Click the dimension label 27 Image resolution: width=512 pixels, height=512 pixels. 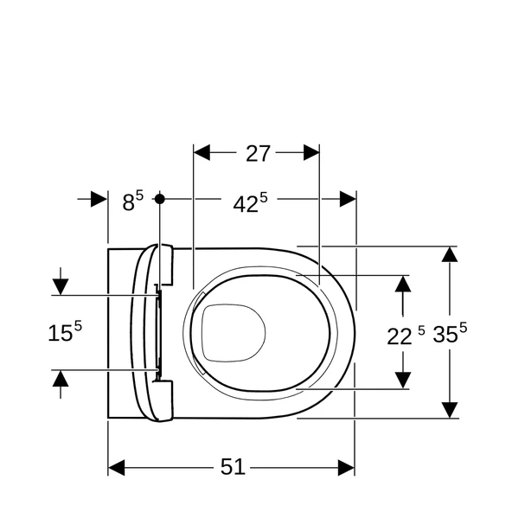pyautogui.click(x=258, y=153)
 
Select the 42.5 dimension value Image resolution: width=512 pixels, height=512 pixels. pyautogui.click(x=250, y=203)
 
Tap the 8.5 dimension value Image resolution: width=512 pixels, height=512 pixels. pyautogui.click(x=132, y=202)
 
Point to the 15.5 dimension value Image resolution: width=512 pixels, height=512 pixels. pyautogui.click(x=65, y=332)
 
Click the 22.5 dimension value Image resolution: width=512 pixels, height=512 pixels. pyautogui.click(x=406, y=335)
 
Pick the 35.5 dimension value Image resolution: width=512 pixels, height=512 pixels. pyautogui.click(x=450, y=334)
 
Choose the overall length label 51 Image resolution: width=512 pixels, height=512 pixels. pyautogui.click(x=232, y=467)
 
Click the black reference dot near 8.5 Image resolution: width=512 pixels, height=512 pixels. pyautogui.click(x=159, y=199)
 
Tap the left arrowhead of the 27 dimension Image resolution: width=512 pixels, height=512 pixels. pyautogui.click(x=202, y=153)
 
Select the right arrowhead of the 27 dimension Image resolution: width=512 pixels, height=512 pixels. pyautogui.click(x=310, y=153)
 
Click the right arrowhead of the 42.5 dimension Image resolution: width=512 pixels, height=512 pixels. pyautogui.click(x=348, y=199)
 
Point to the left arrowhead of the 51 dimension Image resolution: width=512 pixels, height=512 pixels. pyautogui.click(x=117, y=467)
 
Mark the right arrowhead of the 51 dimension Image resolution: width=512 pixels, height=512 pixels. pyautogui.click(x=346, y=467)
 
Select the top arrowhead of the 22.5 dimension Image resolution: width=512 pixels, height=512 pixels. pyautogui.click(x=403, y=284)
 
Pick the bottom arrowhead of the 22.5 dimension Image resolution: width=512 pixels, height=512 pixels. pyautogui.click(x=403, y=381)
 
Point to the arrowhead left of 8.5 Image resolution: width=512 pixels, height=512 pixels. pyautogui.click(x=99, y=199)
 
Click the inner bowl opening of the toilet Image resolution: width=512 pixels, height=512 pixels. pyautogui.click(x=233, y=331)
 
